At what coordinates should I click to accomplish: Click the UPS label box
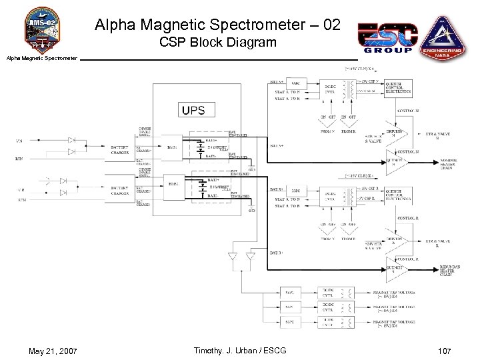(193, 110)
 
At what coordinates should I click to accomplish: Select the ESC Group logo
(387, 37)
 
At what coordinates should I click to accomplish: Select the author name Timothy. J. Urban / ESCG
(239, 351)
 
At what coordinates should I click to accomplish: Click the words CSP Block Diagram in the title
(217, 43)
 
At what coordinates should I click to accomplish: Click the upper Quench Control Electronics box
(398, 87)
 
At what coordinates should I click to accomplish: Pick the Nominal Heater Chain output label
(448, 163)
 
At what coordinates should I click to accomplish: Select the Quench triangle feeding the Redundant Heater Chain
(395, 269)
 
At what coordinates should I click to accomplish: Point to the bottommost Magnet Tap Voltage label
(396, 323)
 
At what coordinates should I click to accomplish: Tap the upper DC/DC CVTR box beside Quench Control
(330, 88)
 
